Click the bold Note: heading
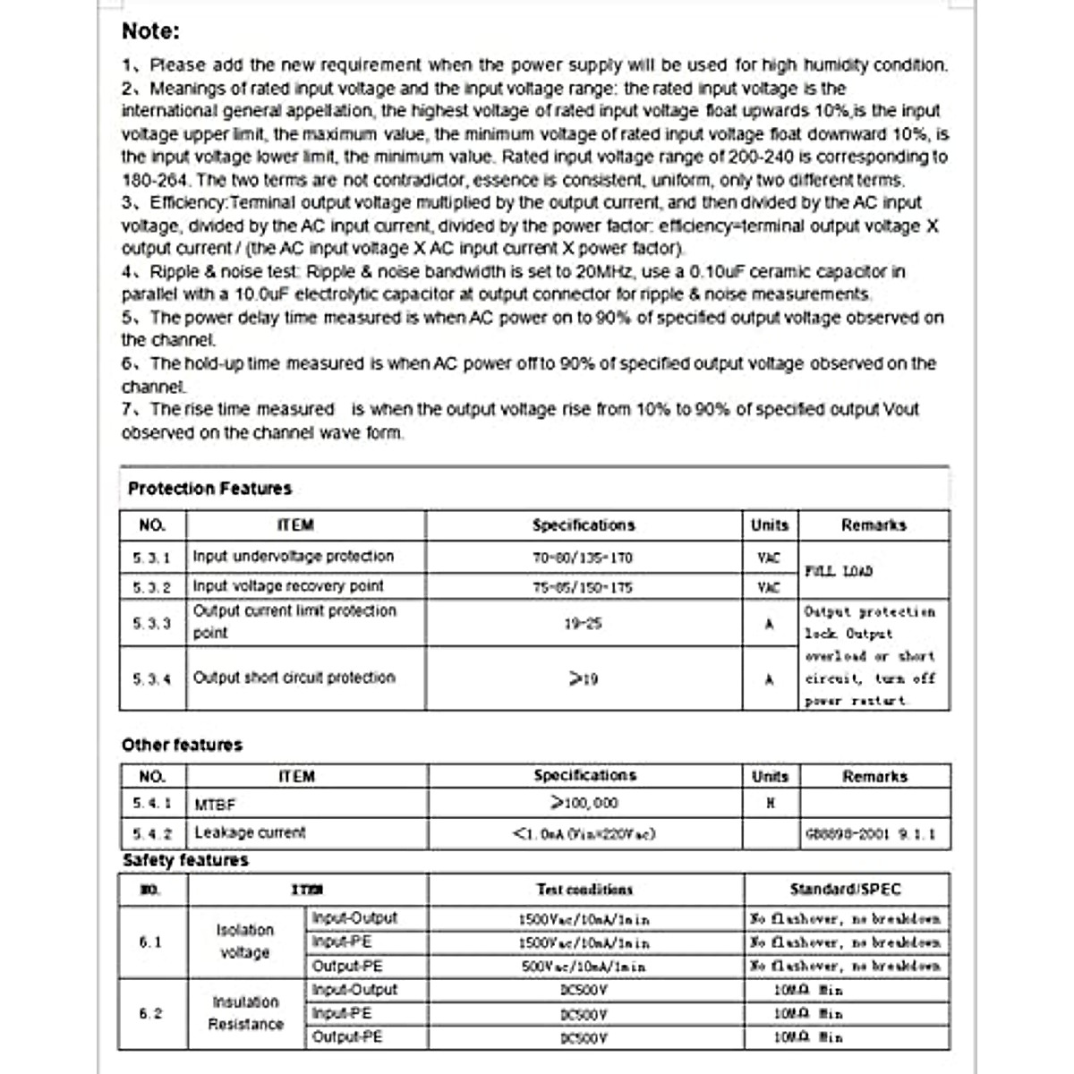click(x=150, y=31)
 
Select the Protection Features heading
click(x=209, y=489)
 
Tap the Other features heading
click(x=182, y=745)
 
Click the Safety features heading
click(x=185, y=860)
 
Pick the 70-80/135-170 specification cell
click(x=583, y=558)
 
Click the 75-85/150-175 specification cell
click(x=583, y=587)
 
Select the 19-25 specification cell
click(x=583, y=623)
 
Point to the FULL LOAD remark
click(x=839, y=571)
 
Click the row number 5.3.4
click(x=151, y=679)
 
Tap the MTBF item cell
click(x=215, y=805)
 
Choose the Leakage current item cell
click(x=250, y=833)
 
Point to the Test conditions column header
click(x=584, y=890)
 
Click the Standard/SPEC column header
click(x=845, y=890)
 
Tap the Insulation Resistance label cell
click(x=245, y=1013)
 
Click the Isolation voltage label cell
click(x=244, y=942)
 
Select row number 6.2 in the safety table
click(x=150, y=1013)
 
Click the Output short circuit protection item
click(x=294, y=678)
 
